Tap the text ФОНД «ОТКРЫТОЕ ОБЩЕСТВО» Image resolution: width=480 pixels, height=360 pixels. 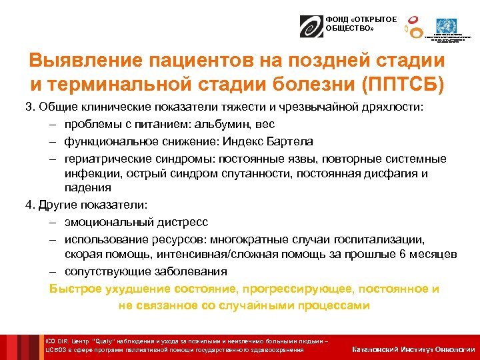click(351, 24)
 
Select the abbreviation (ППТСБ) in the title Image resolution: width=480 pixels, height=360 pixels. click(407, 85)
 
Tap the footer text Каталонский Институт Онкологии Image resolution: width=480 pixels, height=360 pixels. click(413, 349)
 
